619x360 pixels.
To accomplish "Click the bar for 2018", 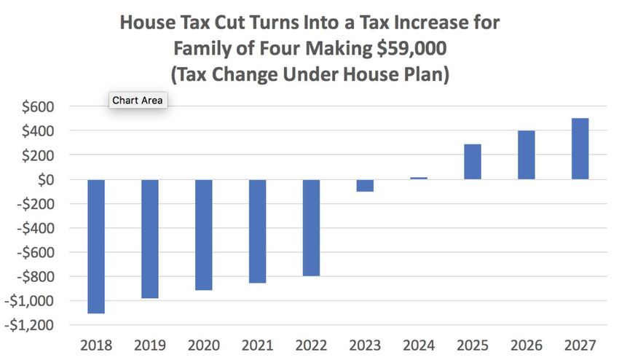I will coord(96,246).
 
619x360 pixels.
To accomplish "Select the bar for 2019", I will coord(150,239).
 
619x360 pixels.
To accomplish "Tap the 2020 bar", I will coord(204,235).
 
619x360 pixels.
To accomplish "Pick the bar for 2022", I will coord(311,227).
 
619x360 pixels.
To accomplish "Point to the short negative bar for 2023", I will coord(365,185).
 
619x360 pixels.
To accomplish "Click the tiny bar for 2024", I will coord(419,178).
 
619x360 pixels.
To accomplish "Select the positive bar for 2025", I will coord(473,162).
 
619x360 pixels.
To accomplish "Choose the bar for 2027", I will coord(580,149).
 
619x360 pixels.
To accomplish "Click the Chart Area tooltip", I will coord(138,100).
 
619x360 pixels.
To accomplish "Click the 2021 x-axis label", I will coord(257,345).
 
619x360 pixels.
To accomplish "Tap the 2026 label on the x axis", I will coord(526,345).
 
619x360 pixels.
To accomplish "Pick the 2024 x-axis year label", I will coord(418,345).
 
